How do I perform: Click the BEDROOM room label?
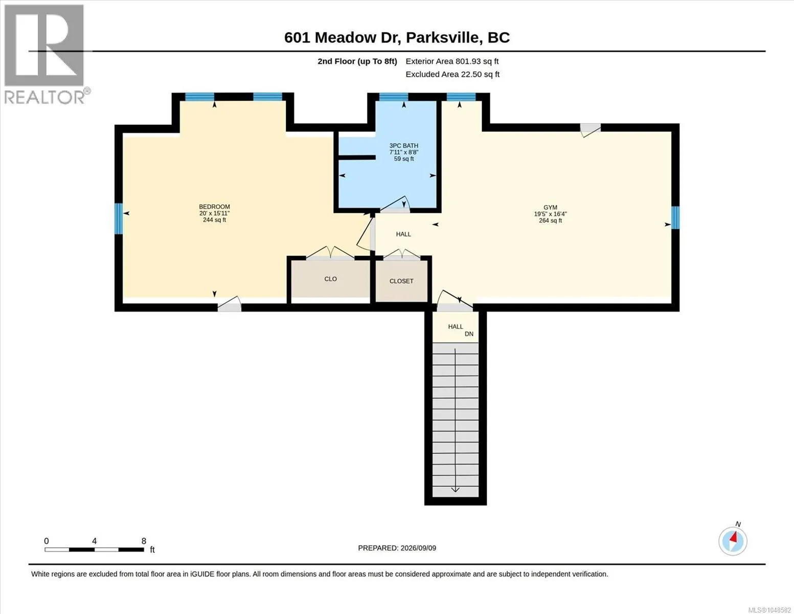click(215, 207)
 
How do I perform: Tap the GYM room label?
click(550, 207)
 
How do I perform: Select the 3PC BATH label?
click(404, 145)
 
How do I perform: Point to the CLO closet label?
click(330, 279)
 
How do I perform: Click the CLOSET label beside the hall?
click(401, 281)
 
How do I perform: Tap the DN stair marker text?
click(469, 334)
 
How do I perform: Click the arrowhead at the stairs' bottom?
click(455, 490)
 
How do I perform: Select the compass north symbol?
click(733, 541)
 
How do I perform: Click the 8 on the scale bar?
click(144, 541)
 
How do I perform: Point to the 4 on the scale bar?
click(94, 541)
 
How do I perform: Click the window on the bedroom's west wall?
click(119, 218)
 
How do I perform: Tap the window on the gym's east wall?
click(675, 218)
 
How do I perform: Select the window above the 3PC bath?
click(394, 97)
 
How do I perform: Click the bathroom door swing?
click(395, 204)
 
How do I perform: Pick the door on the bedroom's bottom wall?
click(230, 304)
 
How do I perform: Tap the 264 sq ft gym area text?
click(550, 221)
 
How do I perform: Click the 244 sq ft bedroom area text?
click(215, 220)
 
